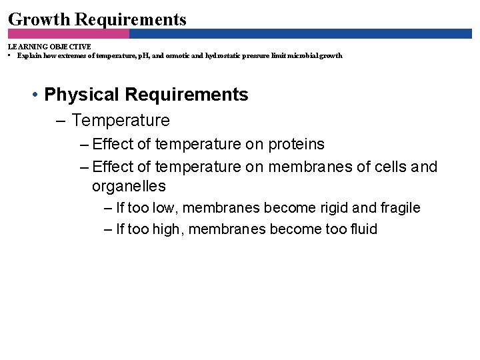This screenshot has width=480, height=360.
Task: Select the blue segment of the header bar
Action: pyautogui.click(x=300, y=33)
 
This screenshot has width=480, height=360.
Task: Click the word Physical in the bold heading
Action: pyautogui.click(x=83, y=95)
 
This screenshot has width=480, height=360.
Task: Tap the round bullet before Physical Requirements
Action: pyautogui.click(x=33, y=95)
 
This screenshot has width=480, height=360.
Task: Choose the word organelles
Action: pyautogui.click(x=129, y=186)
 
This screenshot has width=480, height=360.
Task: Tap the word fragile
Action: pyautogui.click(x=399, y=208)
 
